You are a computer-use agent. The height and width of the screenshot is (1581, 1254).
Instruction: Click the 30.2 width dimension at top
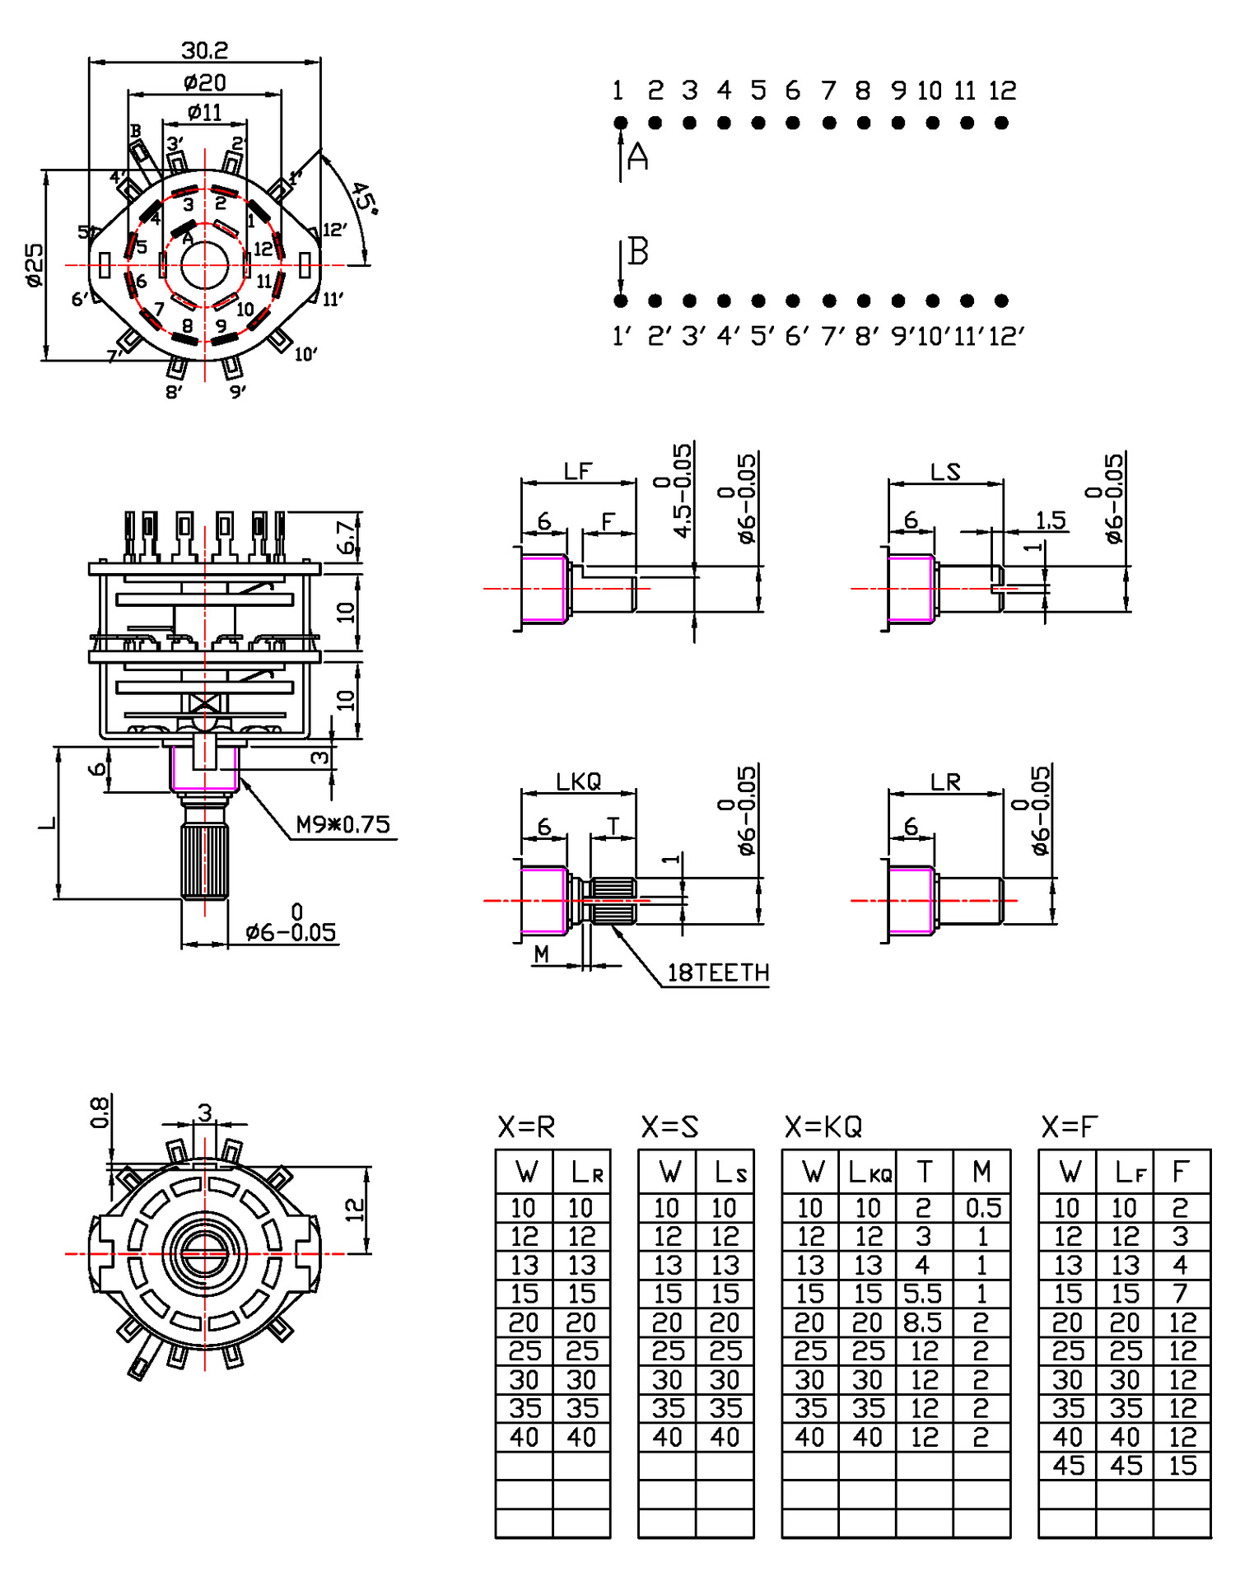pos(204,51)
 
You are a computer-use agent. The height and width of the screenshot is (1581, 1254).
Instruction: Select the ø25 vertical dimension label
pos(34,264)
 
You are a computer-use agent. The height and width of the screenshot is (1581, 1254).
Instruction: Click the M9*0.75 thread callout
pos(343,824)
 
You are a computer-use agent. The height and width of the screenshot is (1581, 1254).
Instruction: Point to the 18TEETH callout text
pos(717,972)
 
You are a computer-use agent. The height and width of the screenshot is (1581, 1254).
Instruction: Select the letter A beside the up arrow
pos(638,156)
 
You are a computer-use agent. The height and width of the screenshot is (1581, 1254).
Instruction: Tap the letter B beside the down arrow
pos(638,251)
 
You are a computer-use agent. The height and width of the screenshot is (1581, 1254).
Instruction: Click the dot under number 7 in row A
pos(828,123)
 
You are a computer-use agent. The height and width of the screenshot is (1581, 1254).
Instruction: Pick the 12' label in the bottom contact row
pos(1005,336)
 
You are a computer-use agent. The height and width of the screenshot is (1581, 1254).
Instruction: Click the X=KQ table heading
pos(823,1126)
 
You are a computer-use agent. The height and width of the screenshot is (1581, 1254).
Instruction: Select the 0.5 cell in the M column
pos(982,1208)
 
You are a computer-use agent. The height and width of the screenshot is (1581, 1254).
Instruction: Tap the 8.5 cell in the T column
pos(922,1322)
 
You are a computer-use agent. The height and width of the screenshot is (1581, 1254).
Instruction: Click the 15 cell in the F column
pos(1182,1466)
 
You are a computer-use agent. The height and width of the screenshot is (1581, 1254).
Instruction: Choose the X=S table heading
pos(669,1126)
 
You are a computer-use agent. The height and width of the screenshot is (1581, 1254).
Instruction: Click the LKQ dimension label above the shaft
pos(578,781)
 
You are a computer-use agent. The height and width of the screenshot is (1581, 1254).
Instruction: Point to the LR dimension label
pos(945,782)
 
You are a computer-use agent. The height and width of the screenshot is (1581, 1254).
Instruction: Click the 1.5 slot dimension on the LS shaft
pos(1050,520)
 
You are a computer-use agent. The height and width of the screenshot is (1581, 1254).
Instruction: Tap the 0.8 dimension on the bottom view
pos(99,1112)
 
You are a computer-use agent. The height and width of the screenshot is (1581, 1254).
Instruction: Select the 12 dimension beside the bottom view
pos(354,1210)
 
